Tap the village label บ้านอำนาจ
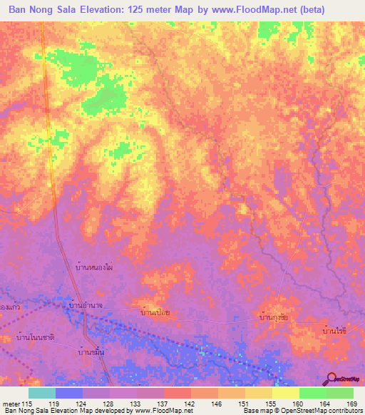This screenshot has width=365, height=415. (x=87, y=305)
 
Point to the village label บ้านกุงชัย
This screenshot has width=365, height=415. (x=274, y=314)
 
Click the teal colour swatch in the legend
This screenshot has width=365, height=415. (x=42, y=393)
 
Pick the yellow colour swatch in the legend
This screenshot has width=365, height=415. (x=286, y=393)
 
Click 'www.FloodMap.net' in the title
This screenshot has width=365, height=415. (x=239, y=10)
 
